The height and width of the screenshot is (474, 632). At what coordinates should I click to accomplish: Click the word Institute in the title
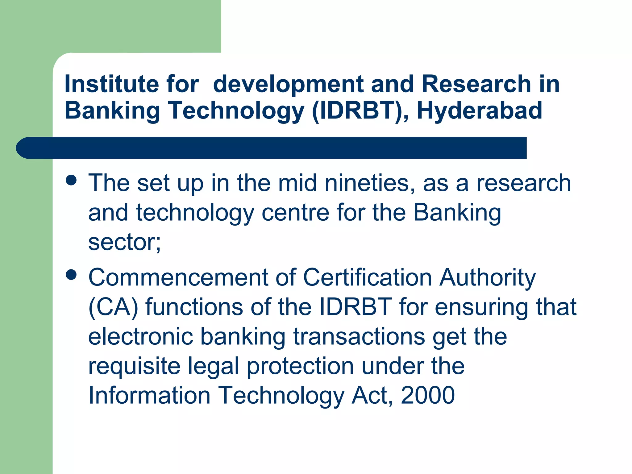click(x=111, y=84)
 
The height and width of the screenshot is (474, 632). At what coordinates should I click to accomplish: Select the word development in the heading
click(x=288, y=85)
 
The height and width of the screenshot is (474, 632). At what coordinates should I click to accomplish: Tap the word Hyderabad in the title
click(x=479, y=110)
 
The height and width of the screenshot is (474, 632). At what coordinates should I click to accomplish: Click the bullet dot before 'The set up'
click(x=71, y=180)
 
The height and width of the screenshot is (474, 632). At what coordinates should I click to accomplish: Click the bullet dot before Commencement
click(x=71, y=274)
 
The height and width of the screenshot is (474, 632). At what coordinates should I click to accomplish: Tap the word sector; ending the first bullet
click(x=124, y=242)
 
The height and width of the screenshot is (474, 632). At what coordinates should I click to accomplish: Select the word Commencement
click(x=178, y=277)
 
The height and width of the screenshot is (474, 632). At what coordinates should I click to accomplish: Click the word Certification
click(x=368, y=277)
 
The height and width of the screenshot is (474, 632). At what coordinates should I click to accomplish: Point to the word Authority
click(x=488, y=278)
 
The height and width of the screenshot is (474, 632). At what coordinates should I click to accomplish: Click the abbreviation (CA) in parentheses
click(x=113, y=307)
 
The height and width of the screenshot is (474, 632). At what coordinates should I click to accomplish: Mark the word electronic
click(x=141, y=336)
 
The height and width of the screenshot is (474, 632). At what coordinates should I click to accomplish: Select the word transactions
click(x=359, y=336)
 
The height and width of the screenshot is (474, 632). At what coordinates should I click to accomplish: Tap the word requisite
click(x=134, y=366)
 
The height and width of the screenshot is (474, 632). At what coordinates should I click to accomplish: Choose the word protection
click(x=300, y=366)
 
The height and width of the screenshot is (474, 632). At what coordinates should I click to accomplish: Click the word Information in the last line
click(x=149, y=395)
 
